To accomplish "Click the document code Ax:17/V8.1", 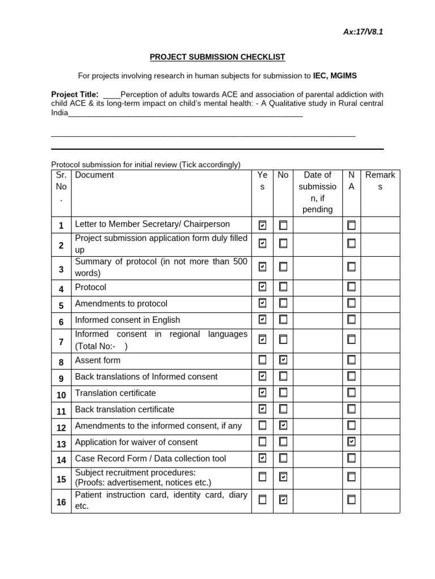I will coord(363,32).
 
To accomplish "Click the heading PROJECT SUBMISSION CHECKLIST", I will coord(217,57).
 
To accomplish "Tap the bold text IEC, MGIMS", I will coord(335,76).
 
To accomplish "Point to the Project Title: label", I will coord(75,94).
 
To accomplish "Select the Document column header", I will coord(95,175).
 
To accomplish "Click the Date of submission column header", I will coord(317,192).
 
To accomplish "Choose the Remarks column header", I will coord(380,181).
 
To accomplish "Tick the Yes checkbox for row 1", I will coord(262,225).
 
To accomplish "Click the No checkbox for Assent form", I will coord(283,360).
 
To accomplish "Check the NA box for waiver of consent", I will coord(352,442).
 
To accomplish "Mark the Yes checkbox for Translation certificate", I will coord(262,392).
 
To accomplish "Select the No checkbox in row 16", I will coord(283,499).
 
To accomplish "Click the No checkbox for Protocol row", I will coord(283,287).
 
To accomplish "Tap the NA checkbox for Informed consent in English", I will coord(352,319).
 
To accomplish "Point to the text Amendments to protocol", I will coord(121,304).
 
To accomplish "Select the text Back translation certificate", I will coord(125,409).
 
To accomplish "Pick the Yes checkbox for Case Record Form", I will coord(262,458).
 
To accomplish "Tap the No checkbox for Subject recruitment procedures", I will coord(283,477).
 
